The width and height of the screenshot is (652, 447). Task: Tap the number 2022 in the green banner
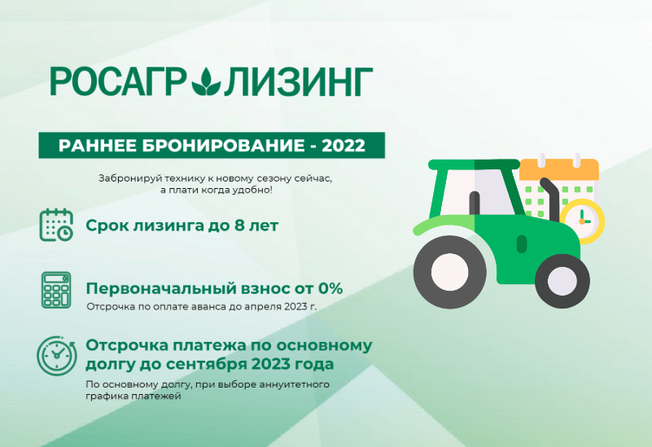[x=344, y=146]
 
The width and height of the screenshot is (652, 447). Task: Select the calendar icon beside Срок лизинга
[x=56, y=225]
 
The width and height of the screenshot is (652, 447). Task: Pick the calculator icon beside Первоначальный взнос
[x=56, y=290]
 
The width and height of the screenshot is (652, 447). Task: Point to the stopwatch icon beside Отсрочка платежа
[x=56, y=356]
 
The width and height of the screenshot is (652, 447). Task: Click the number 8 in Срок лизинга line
[x=239, y=226]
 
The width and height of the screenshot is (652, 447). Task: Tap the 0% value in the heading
[x=330, y=288]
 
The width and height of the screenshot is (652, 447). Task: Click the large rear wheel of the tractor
[x=449, y=272]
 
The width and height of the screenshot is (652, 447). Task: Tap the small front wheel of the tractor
[x=562, y=281]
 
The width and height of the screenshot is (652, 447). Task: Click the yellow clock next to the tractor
[x=583, y=221]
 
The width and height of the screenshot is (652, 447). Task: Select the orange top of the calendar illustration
[x=559, y=168]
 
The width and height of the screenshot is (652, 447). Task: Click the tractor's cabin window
[x=477, y=191]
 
